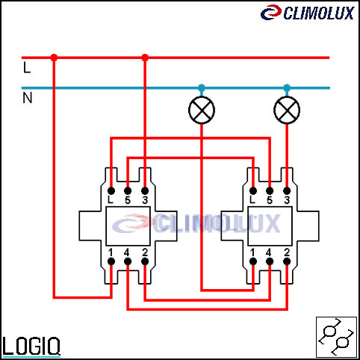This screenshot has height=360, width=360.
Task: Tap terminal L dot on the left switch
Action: tap(111, 191)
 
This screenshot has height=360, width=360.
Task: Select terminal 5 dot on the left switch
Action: tap(128, 191)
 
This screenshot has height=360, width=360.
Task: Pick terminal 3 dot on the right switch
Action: tap(287, 191)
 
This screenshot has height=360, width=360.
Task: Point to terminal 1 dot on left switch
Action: tap(111, 261)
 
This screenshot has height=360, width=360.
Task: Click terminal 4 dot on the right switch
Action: tap(270, 261)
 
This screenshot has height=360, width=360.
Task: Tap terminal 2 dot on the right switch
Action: tap(287, 261)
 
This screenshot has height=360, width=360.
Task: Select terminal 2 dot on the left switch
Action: tap(145, 261)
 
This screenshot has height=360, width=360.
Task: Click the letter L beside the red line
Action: tap(27, 67)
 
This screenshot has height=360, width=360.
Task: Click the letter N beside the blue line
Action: tap(28, 98)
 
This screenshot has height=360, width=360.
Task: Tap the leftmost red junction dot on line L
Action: tap(54, 58)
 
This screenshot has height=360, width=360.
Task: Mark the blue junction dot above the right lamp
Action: tap(287, 87)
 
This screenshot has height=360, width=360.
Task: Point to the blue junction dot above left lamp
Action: tap(202, 87)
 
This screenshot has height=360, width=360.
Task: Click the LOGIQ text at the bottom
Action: tap(31, 346)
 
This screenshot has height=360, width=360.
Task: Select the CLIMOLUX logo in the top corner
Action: tap(308, 13)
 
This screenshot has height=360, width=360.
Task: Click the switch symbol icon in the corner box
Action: tap(336, 337)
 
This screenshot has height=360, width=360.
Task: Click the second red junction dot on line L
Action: tap(145, 58)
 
